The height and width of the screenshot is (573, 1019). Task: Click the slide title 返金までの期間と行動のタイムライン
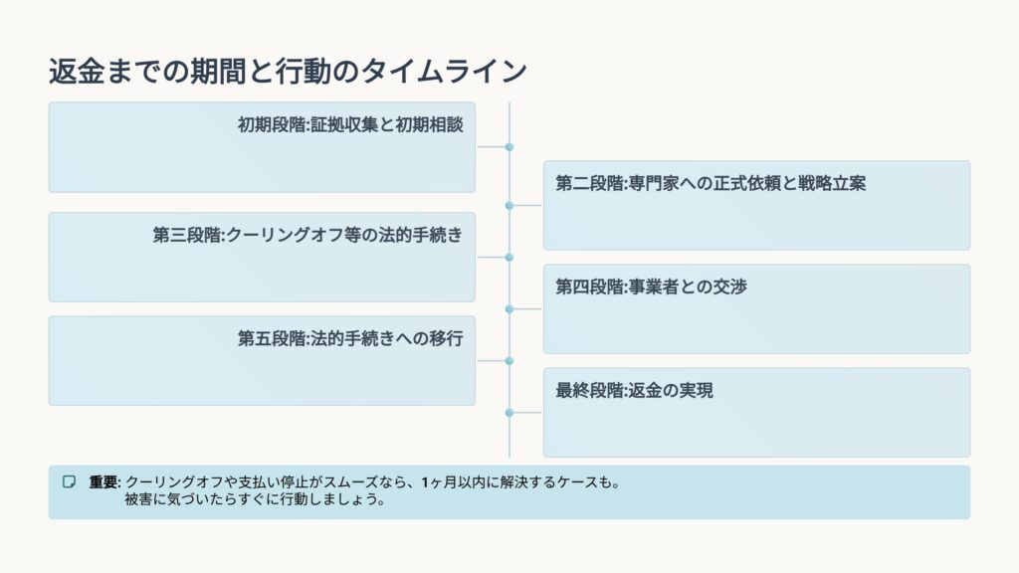[288, 72]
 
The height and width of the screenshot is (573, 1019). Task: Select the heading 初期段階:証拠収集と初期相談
[350, 125]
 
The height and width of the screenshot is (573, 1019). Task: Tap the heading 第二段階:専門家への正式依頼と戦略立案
[710, 184]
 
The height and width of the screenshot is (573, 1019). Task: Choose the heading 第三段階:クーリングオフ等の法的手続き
[307, 235]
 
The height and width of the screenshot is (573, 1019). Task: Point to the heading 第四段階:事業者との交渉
[651, 287]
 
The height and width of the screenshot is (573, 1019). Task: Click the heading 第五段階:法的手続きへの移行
[350, 338]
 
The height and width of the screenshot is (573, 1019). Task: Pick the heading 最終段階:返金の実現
[634, 391]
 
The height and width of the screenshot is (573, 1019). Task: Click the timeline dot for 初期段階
[509, 147]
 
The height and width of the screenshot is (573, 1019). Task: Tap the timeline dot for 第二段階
[509, 206]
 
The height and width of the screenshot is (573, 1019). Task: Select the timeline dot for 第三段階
[509, 257]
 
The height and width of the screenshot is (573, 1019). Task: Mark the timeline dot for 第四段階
[509, 309]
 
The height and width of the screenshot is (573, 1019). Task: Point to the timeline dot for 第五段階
[509, 360]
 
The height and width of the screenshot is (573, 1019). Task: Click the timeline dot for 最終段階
[509, 412]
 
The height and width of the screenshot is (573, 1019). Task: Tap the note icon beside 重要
[69, 481]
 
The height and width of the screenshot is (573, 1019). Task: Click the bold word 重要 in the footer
[103, 482]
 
